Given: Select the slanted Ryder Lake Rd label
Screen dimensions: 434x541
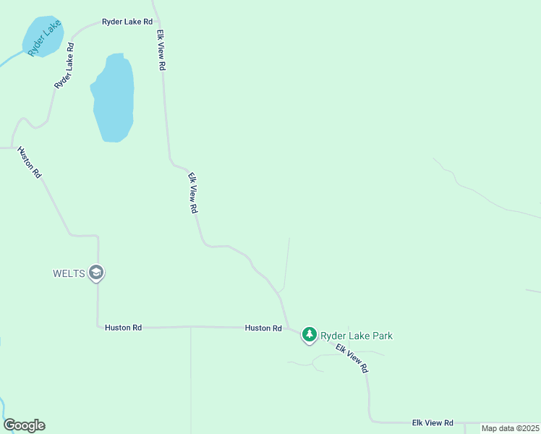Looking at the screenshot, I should pos(64,66).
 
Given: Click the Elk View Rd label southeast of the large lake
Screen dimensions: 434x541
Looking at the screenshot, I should pos(193,192).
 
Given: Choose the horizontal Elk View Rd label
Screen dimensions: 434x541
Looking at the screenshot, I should pos(433,422).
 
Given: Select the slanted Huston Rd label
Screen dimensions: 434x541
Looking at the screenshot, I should pos(30,163).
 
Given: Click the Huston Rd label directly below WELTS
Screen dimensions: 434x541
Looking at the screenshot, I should pos(123,328).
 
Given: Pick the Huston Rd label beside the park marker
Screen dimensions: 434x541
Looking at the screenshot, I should pos(263,328).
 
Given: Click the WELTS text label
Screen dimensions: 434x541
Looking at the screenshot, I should pos(69,273).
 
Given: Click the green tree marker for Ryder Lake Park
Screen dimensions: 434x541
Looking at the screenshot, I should pos(310,334).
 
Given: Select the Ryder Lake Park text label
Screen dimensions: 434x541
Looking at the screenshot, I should pos(357,336).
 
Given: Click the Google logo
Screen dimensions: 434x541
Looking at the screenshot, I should pos(25,425).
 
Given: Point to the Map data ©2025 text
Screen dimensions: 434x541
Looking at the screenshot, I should pos(510,428).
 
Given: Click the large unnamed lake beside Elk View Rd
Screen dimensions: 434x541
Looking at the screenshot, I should pos(114,98).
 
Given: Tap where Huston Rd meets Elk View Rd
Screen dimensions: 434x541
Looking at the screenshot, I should pos(289,328).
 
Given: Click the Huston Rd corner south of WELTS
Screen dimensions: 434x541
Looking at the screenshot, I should pos(98,327).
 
